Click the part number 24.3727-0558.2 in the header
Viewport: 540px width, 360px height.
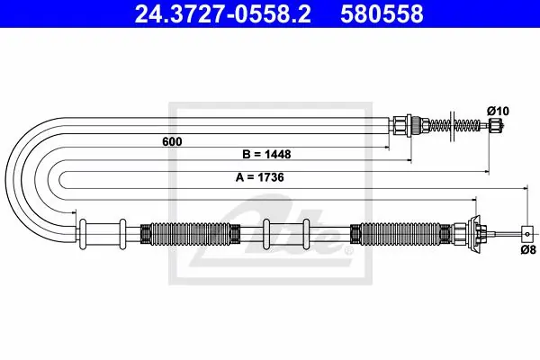[x=222, y=14]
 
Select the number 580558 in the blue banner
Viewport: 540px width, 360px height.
[x=382, y=14]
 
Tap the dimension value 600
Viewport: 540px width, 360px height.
[x=172, y=141]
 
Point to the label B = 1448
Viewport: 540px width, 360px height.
[x=266, y=154]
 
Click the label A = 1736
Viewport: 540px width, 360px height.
[x=260, y=177]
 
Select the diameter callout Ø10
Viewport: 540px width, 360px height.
[x=498, y=111]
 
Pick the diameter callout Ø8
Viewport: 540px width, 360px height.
[x=528, y=249]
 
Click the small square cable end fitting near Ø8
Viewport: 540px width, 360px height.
[x=527, y=234]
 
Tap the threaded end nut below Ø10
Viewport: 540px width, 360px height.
[x=494, y=125]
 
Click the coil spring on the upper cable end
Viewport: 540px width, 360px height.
[x=454, y=125]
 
